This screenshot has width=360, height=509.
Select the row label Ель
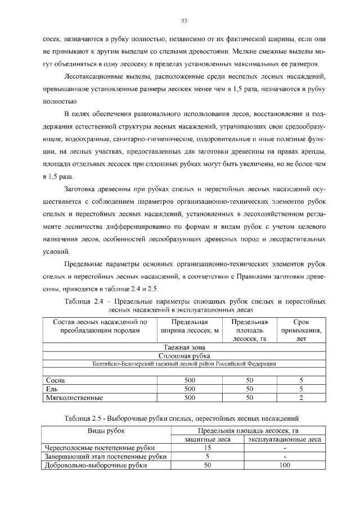click(x=52, y=389)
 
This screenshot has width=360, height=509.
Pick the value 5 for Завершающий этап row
click(x=206, y=457)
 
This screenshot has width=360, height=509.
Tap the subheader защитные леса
click(x=206, y=439)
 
